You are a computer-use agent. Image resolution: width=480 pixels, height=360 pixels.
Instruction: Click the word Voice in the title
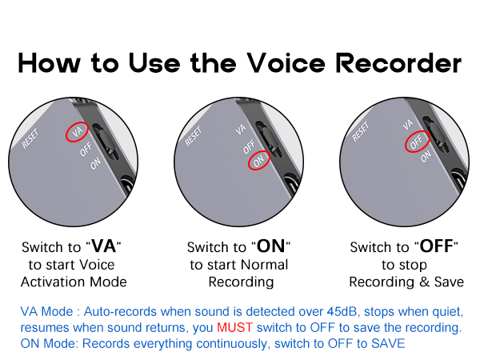[286, 62]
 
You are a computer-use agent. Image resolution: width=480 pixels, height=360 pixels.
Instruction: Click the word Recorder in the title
[398, 62]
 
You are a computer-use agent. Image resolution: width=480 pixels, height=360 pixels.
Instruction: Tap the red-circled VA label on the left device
[78, 132]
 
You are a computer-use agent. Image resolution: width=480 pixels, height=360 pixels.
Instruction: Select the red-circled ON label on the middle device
[258, 161]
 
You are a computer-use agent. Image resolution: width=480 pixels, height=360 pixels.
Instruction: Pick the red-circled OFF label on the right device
[417, 142]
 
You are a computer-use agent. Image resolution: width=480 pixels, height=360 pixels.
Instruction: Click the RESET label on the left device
[30, 138]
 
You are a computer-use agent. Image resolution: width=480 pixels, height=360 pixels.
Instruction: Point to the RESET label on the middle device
[194, 136]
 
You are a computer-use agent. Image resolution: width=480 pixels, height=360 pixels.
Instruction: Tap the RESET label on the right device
[360, 131]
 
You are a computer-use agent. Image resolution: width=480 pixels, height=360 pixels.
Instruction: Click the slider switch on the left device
[106, 142]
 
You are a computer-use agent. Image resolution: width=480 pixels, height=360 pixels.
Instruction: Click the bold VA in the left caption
[104, 246]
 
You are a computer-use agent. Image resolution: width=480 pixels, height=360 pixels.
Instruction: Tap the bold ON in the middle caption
[270, 246]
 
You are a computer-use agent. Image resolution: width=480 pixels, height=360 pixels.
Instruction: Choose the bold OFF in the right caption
[436, 246]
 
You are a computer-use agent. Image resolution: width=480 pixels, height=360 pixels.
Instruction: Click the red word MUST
[234, 327]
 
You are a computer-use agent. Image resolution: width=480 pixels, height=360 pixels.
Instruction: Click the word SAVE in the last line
[388, 343]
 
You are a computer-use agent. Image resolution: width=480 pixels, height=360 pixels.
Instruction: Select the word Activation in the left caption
[54, 282]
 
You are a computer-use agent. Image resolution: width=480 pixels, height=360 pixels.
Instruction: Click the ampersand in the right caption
[424, 282]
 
